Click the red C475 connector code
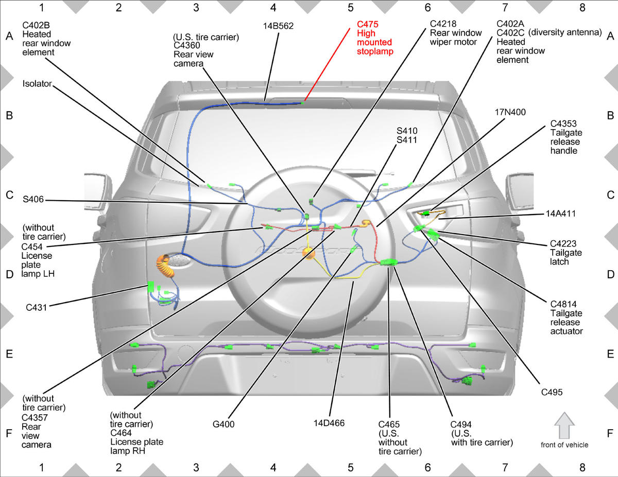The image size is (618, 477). [367, 24]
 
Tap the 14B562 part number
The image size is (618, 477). [278, 26]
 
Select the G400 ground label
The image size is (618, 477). [224, 424]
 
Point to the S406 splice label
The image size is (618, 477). [33, 200]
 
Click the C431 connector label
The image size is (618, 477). [36, 307]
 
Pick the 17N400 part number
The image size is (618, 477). [510, 112]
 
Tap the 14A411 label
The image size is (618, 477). [560, 214]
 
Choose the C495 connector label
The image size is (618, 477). [552, 392]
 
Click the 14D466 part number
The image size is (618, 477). [329, 423]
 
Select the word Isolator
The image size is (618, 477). [37, 84]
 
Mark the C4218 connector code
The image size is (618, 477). [443, 24]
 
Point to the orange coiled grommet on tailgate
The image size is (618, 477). [165, 266]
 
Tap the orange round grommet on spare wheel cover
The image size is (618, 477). [309, 253]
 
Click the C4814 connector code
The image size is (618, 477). [563, 304]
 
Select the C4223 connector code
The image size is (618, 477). [563, 244]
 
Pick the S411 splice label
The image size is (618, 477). [407, 140]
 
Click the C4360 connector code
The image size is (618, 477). [187, 45]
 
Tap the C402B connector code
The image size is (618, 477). [36, 25]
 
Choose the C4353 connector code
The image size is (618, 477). [563, 124]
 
